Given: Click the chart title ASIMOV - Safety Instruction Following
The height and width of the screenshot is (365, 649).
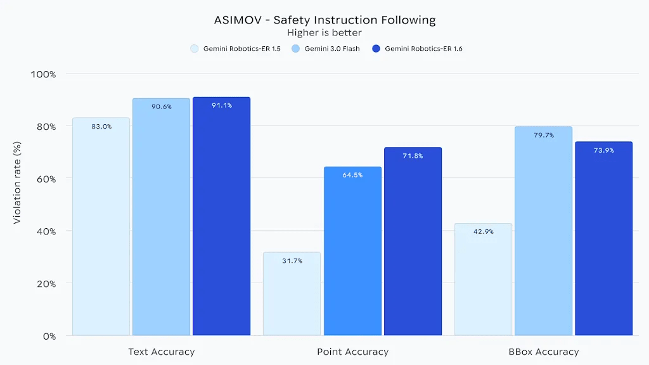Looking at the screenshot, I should pyautogui.click(x=324, y=20).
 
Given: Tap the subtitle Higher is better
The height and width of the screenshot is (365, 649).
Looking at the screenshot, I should pyautogui.click(x=324, y=32).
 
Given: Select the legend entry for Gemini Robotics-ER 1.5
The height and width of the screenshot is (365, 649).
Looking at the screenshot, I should pyautogui.click(x=236, y=49).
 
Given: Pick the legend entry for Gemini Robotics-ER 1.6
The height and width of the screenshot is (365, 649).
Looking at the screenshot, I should pyautogui.click(x=418, y=49).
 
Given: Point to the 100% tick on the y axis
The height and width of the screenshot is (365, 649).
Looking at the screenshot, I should pyautogui.click(x=44, y=74).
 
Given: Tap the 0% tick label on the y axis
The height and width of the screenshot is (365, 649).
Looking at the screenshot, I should pyautogui.click(x=49, y=336).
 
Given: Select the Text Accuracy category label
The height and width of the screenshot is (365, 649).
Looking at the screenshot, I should pyautogui.click(x=161, y=352).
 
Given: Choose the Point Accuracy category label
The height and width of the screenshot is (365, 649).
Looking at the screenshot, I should pyautogui.click(x=352, y=352).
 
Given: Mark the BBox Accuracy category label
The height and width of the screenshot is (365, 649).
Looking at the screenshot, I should pyautogui.click(x=544, y=352).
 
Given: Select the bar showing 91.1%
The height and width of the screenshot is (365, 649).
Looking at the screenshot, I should pyautogui.click(x=221, y=216).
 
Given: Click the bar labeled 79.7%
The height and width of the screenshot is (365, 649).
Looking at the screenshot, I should pyautogui.click(x=543, y=231).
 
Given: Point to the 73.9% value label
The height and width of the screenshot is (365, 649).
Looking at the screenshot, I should pyautogui.click(x=603, y=150).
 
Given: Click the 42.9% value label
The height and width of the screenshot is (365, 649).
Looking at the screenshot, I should pyautogui.click(x=484, y=232).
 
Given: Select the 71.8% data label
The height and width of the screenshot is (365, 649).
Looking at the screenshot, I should pyautogui.click(x=413, y=156).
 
